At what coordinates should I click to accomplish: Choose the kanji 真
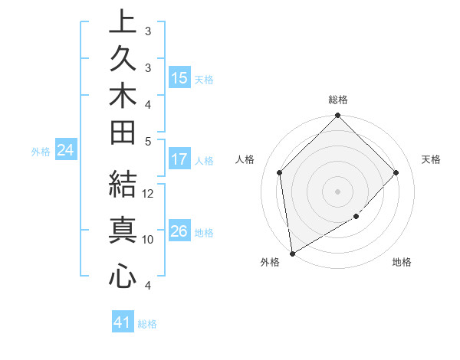coord(123,230)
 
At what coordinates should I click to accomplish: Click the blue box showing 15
coord(179,78)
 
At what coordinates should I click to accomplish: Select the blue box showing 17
coord(179,160)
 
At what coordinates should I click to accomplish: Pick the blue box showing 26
coord(179,231)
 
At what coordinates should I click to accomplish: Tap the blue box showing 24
coord(66,151)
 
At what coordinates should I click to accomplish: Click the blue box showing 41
coord(123,323)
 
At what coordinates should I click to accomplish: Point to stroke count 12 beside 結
coord(149,194)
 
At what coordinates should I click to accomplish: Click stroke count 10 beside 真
coord(148,240)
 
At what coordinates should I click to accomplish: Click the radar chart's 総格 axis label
coord(337,100)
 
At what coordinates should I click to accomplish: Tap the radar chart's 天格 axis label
coord(431,159)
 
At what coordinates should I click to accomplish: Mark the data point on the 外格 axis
coord(292,253)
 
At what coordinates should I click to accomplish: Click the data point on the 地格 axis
coord(356,218)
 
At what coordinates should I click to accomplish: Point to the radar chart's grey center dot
coord(337,191)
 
